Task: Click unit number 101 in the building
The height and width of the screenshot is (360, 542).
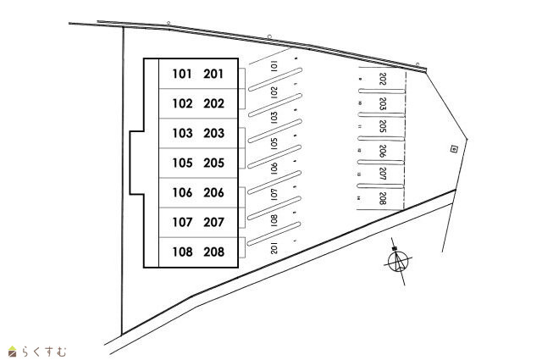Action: click(183, 74)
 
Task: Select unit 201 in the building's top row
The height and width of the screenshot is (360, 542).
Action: click(214, 74)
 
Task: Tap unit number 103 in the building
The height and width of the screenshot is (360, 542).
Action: click(183, 133)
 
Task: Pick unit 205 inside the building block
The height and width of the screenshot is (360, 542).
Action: click(214, 163)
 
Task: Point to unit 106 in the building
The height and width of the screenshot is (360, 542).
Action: click(183, 192)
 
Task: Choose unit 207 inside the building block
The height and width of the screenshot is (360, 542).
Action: click(214, 222)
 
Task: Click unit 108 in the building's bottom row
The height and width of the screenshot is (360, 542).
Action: click(183, 252)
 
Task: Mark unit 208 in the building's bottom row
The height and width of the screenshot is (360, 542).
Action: click(214, 252)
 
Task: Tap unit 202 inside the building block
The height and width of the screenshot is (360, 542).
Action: click(214, 103)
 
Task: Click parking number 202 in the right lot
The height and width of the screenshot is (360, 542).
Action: click(383, 80)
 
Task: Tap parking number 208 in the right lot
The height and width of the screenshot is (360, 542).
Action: click(383, 199)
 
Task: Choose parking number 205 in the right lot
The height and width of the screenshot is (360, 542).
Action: click(383, 127)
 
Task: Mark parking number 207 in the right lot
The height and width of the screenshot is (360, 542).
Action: click(383, 174)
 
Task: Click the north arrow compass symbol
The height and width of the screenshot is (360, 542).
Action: click(398, 262)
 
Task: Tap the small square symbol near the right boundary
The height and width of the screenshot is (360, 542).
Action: click(454, 149)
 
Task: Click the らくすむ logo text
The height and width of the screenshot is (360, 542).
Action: click(41, 350)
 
